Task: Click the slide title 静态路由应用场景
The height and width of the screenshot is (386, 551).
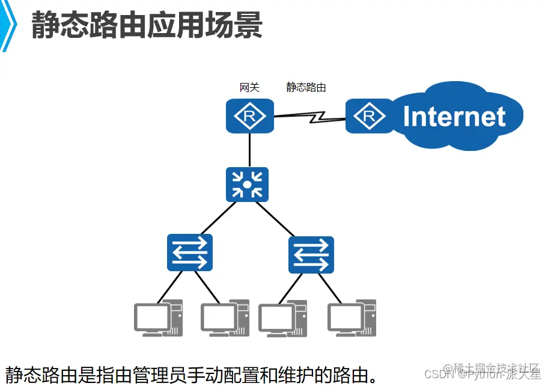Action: (x=147, y=25)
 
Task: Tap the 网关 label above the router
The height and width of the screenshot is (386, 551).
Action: (x=249, y=88)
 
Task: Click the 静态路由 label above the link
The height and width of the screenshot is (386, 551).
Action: (x=306, y=88)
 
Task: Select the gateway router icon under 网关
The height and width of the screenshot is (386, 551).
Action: (x=250, y=116)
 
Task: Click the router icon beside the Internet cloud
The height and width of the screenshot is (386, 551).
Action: (x=368, y=116)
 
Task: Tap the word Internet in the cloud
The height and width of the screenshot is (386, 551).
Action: (x=454, y=117)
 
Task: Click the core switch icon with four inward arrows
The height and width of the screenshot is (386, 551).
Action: (x=248, y=185)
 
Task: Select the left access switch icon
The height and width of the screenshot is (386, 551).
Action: (x=190, y=253)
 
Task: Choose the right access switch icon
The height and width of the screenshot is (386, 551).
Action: (x=311, y=254)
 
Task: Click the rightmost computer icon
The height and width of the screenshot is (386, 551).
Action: (x=352, y=317)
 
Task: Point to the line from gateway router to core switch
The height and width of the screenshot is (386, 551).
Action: (x=249, y=150)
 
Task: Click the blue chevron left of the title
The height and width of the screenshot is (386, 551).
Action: (x=8, y=26)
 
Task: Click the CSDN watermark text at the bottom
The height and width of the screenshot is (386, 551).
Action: (x=433, y=374)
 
